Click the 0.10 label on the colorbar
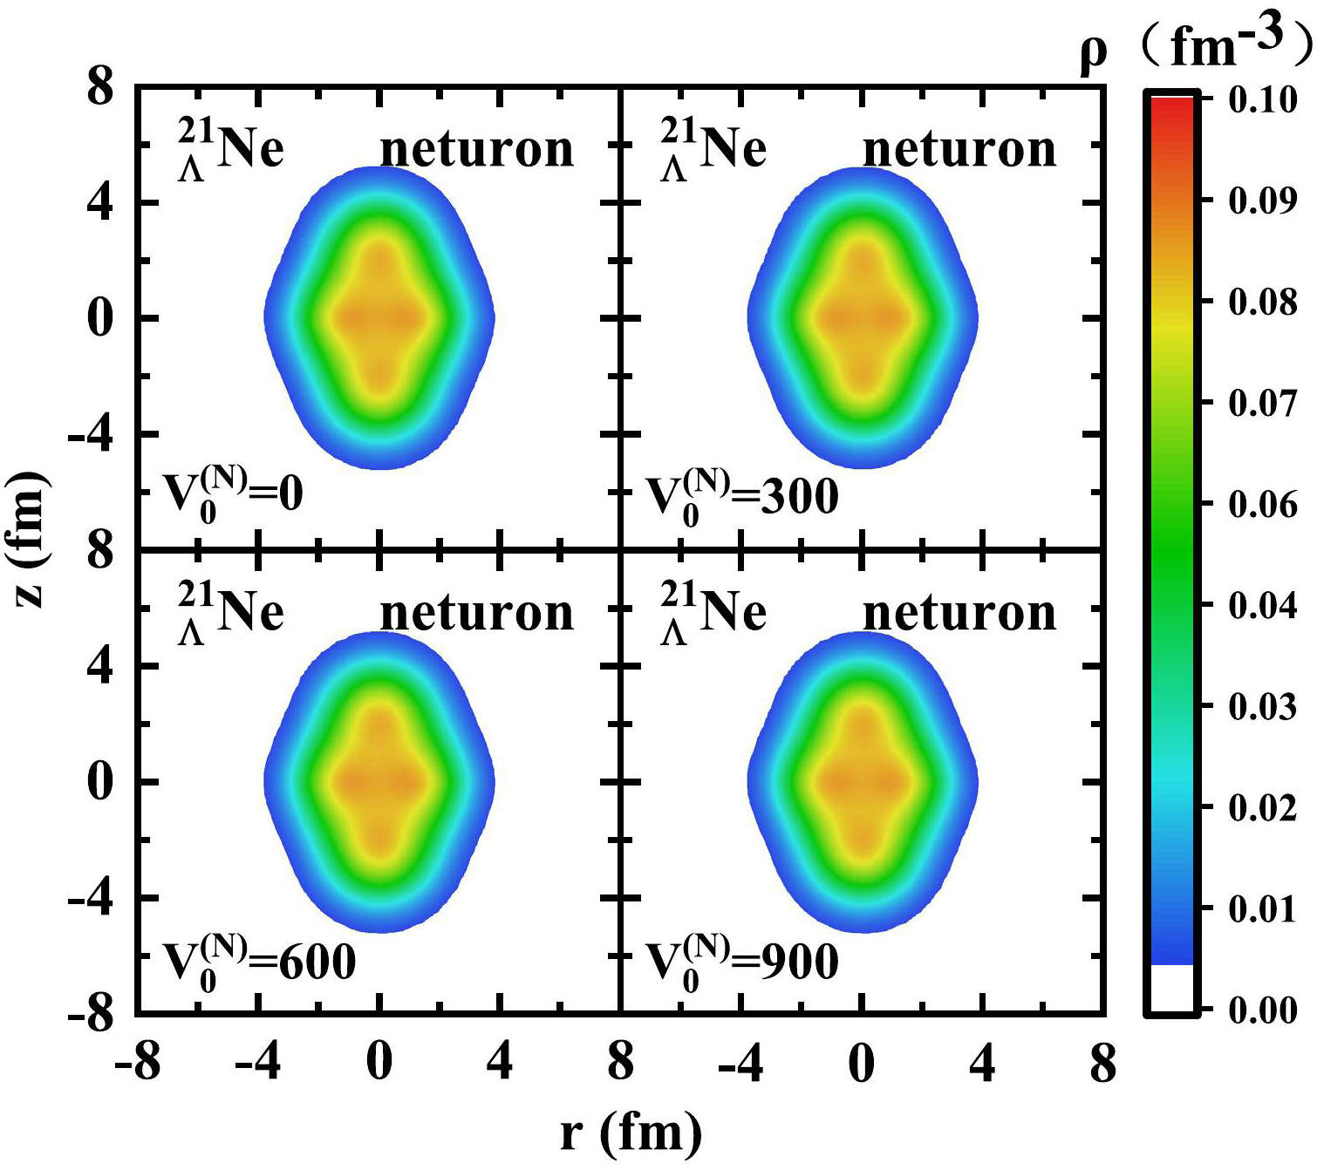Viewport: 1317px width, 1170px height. [x=1262, y=100]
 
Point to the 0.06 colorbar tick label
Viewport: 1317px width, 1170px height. [x=1262, y=504]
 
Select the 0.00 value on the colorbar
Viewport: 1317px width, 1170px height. [x=1262, y=1010]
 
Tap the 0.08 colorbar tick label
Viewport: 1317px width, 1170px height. [x=1262, y=302]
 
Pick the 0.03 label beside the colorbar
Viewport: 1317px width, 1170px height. [x=1262, y=706]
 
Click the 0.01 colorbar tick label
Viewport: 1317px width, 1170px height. [x=1262, y=908]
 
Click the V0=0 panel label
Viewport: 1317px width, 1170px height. [x=233, y=494]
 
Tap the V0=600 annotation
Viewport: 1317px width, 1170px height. [x=259, y=961]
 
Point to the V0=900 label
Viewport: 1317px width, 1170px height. [x=741, y=961]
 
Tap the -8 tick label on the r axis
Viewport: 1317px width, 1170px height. [x=138, y=1063]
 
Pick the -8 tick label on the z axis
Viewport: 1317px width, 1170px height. [x=91, y=1013]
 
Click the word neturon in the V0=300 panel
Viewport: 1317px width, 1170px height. [x=959, y=149]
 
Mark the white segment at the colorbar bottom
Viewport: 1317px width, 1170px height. [x=1171, y=988]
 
